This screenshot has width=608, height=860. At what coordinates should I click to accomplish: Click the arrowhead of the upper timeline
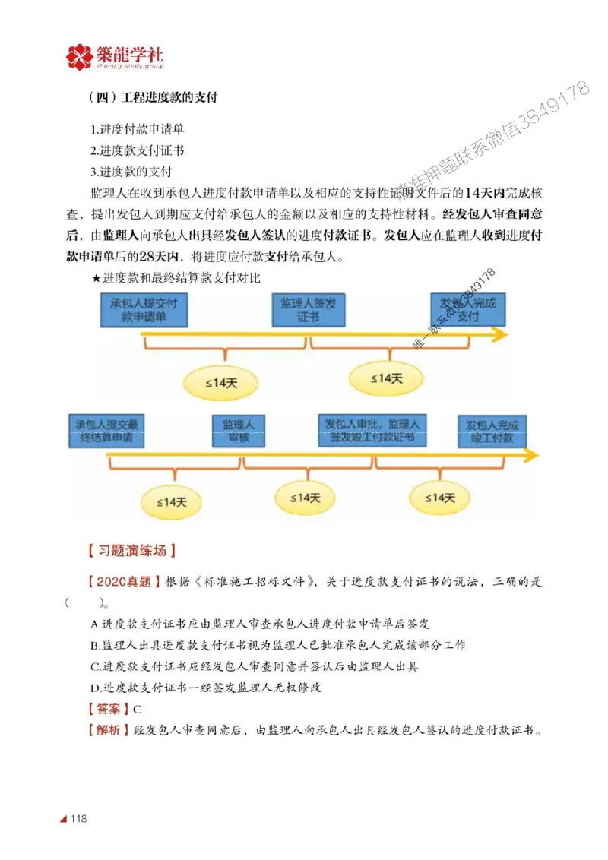[499, 335]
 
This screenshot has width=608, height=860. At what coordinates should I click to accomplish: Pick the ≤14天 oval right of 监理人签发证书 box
[386, 378]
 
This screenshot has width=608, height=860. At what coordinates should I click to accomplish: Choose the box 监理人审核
[237, 431]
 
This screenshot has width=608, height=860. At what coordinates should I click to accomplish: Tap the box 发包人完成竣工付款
[491, 431]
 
